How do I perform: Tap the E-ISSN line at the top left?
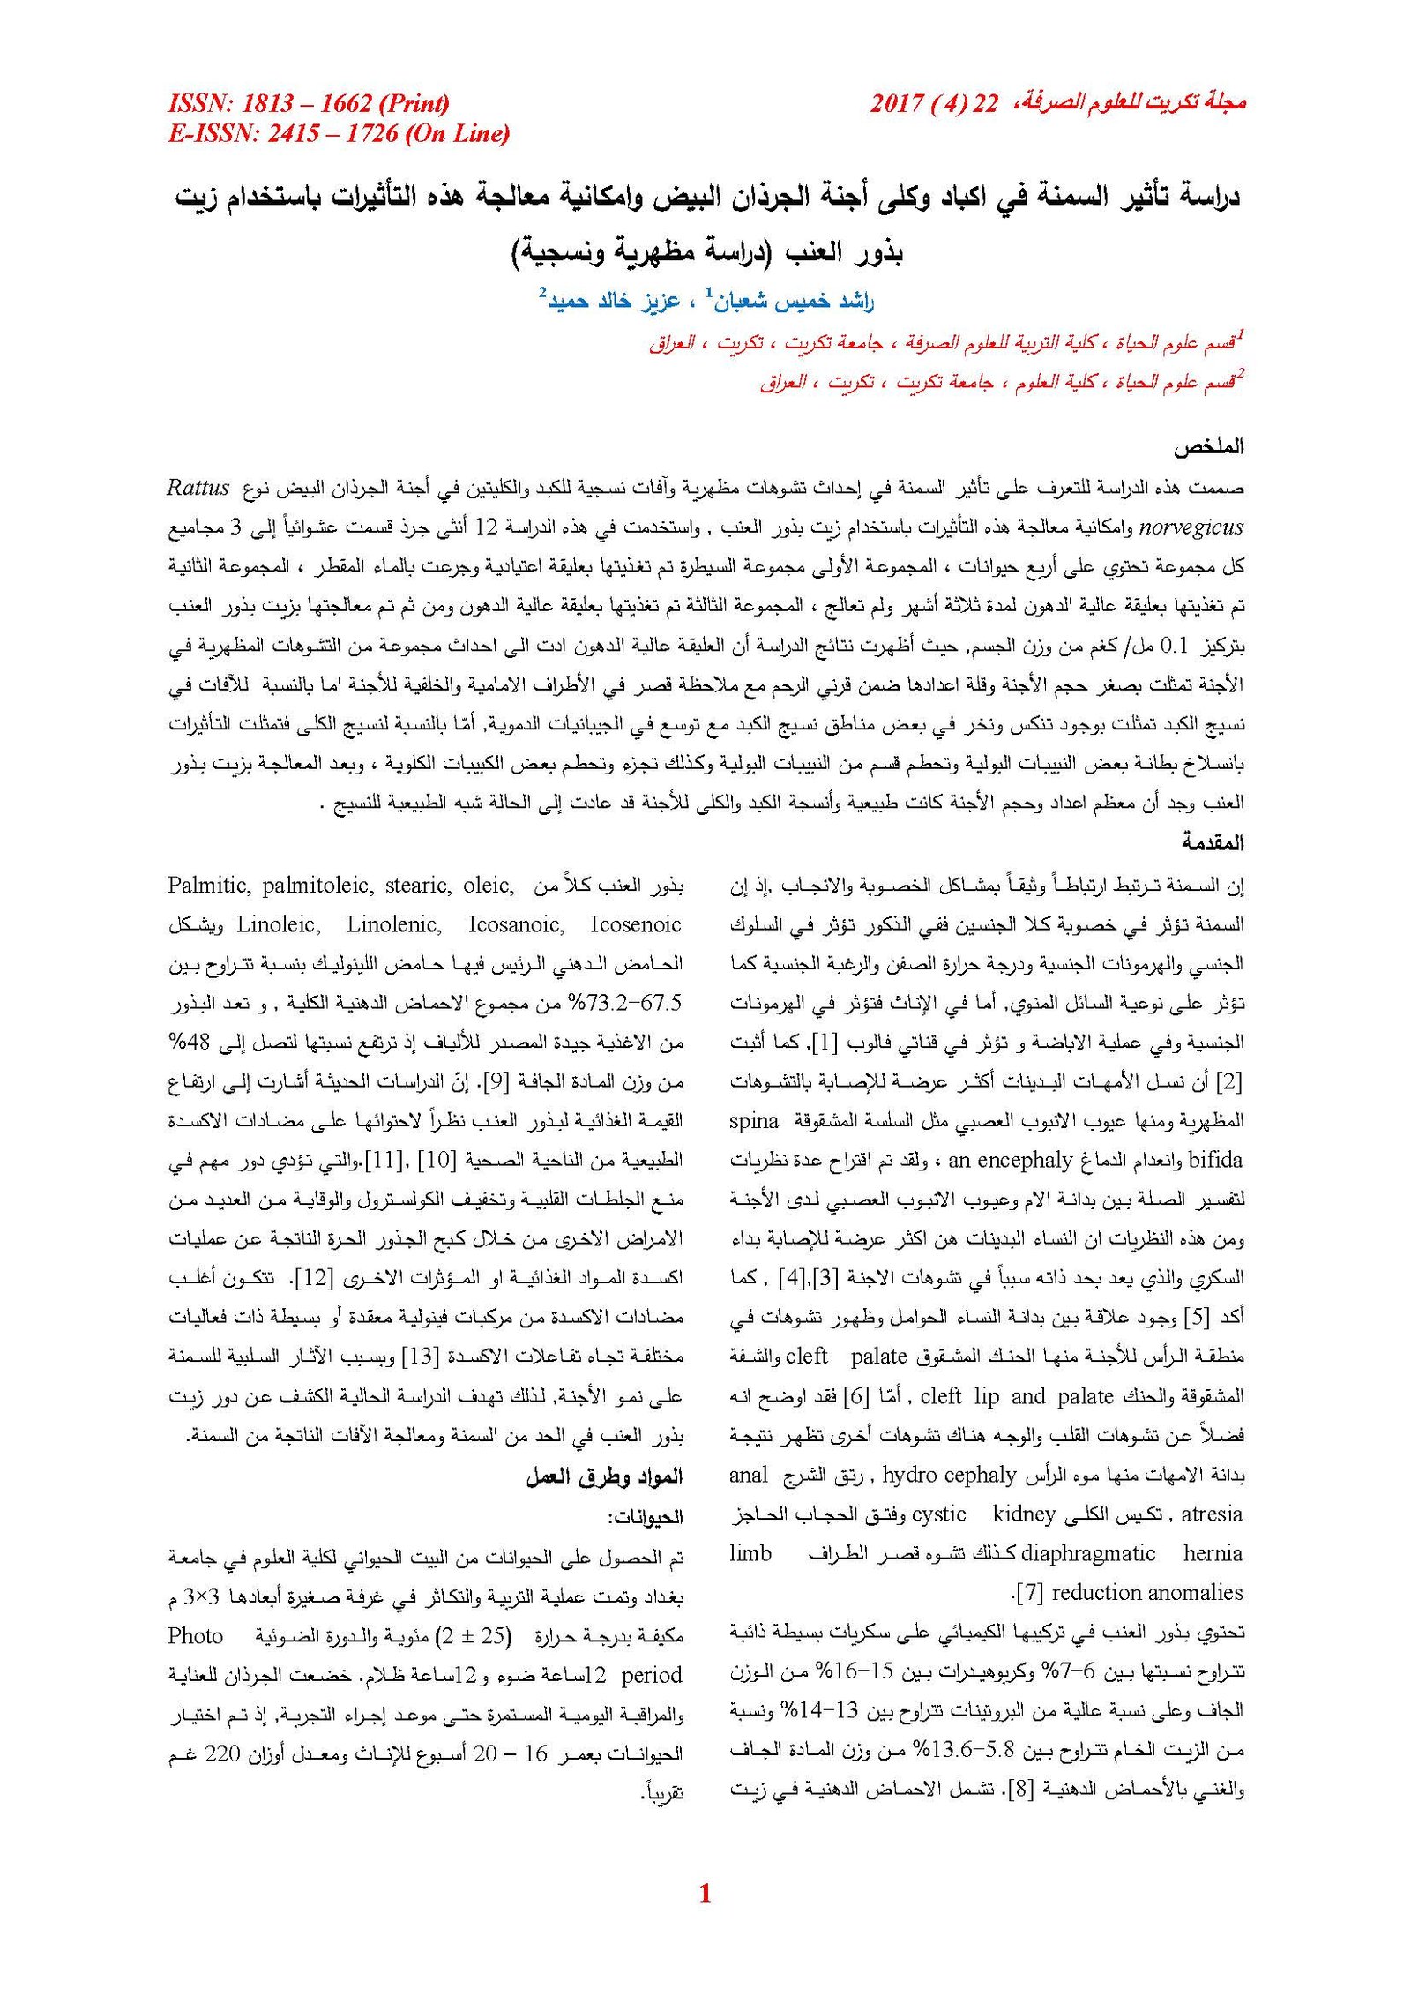click(x=339, y=133)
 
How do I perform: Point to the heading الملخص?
click(x=1207, y=447)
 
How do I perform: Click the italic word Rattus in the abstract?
click(x=198, y=488)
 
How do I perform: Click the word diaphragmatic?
click(x=1087, y=1552)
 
